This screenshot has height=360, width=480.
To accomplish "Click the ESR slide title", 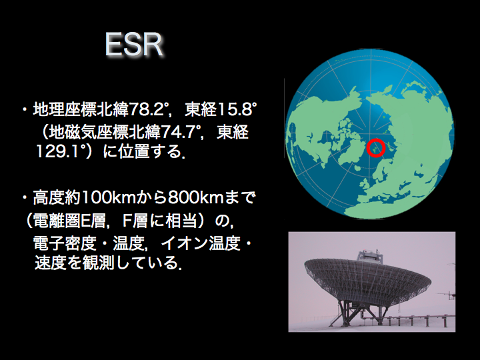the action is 134,45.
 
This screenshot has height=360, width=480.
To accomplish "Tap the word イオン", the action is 184,243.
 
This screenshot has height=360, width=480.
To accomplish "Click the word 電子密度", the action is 65,243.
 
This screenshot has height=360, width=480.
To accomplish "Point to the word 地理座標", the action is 65,109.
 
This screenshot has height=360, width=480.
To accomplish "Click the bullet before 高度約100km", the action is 25,197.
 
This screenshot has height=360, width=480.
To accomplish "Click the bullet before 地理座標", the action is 25,109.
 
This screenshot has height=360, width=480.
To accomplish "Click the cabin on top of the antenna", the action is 371,257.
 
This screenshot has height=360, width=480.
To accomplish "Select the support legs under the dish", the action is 361,311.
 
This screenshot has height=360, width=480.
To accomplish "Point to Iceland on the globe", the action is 357,167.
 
